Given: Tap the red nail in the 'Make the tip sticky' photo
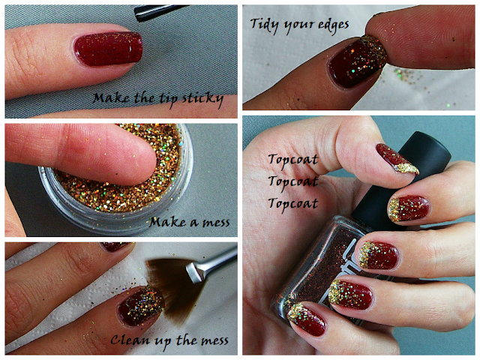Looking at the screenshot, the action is (108, 49).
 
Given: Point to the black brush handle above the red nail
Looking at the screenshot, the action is (159, 12).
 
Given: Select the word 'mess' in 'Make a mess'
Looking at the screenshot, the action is (216, 223).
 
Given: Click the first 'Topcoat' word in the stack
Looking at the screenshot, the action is (293, 160).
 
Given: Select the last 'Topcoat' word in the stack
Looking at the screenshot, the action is (293, 203).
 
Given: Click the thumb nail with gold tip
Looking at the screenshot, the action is (397, 159).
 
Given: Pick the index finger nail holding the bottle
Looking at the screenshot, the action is (409, 209).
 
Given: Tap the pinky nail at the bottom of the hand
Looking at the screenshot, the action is (307, 318).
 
